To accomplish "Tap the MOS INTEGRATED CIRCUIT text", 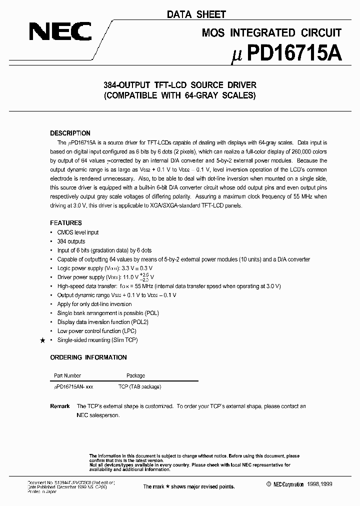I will point(271,33).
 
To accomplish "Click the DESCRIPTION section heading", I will point(70,133).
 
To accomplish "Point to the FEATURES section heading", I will point(66,223).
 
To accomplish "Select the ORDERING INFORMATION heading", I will point(88,357).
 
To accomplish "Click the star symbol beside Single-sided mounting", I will point(42,340).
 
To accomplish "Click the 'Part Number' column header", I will point(67,375).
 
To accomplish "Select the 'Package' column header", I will point(135,375).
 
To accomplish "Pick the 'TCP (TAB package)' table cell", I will point(139,386).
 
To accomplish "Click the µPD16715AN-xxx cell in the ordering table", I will point(73,386).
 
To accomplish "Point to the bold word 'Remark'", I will point(60,406).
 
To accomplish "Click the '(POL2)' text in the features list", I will point(139,322).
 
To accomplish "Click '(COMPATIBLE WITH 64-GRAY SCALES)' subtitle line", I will point(179,95).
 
